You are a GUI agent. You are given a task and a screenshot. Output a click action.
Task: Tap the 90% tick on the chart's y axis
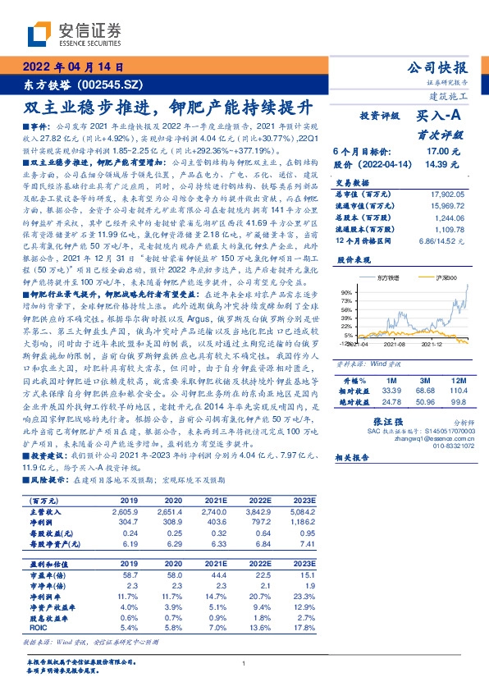coord(347,291)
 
